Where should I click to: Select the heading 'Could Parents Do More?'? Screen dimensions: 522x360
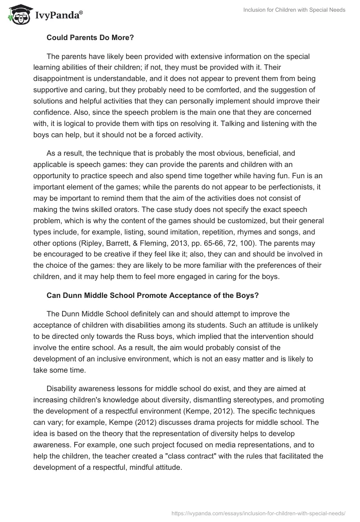tap(90, 38)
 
